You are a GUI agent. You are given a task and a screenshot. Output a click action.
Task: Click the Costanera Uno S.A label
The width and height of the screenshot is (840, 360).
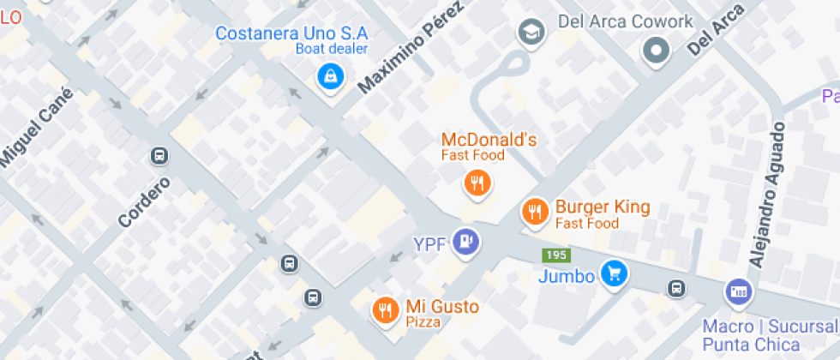click(291, 33)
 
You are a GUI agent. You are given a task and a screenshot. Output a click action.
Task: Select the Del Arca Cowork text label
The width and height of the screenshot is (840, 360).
click(625, 21)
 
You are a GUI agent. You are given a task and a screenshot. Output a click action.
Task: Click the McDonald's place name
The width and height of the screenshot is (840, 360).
click(489, 140)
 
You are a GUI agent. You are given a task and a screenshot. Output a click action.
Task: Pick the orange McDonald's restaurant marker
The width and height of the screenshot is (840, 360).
click(476, 183)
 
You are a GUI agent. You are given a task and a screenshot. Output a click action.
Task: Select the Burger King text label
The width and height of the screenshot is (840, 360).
click(603, 207)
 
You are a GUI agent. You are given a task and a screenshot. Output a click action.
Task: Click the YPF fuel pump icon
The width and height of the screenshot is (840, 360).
click(467, 242)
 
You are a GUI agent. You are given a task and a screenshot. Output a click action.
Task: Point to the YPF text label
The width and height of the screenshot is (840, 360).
click(429, 244)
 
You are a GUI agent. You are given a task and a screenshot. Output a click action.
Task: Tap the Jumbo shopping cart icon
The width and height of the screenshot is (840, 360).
click(614, 274)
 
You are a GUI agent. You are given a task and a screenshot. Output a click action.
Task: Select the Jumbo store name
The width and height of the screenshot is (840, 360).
click(567, 277)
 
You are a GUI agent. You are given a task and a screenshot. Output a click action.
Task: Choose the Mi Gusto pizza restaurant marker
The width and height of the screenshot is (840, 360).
click(386, 309)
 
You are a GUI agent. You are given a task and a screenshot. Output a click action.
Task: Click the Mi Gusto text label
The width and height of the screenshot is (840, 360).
click(442, 306)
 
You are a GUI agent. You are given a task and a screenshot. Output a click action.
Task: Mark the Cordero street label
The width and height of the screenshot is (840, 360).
click(144, 202)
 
